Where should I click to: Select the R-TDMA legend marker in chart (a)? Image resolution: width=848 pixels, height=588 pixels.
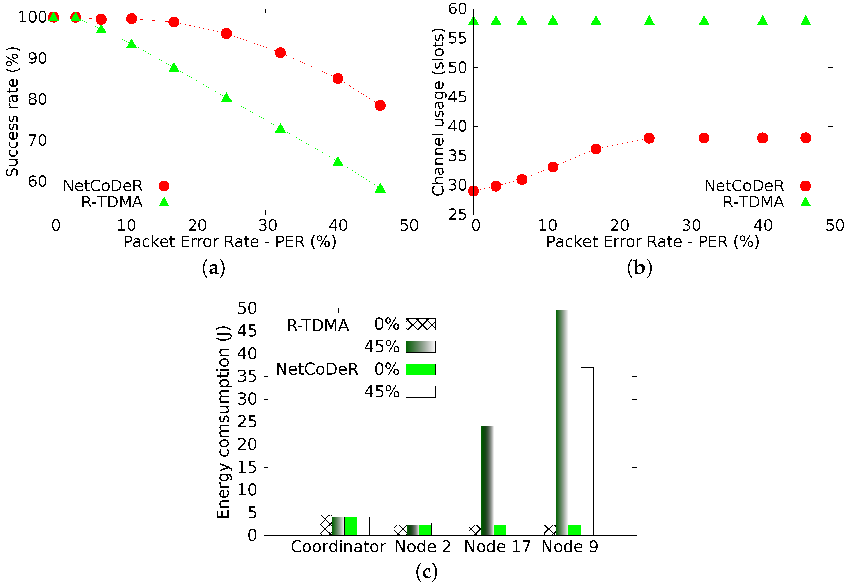click(164, 202)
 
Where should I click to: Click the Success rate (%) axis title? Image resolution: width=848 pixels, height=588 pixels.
click(12, 112)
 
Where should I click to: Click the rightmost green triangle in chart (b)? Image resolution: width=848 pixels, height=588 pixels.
click(806, 21)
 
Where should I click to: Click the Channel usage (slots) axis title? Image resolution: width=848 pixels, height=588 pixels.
click(438, 112)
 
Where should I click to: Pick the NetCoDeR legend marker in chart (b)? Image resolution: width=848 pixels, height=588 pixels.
click(805, 186)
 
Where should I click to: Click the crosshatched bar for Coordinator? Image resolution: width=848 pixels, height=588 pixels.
click(326, 525)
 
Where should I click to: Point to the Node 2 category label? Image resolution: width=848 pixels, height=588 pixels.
click(423, 547)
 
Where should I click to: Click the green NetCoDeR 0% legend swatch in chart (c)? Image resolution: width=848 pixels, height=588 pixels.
click(420, 369)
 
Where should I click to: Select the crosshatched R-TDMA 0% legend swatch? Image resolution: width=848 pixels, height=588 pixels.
click(420, 324)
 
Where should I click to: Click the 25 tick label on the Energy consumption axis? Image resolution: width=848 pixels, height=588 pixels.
click(247, 422)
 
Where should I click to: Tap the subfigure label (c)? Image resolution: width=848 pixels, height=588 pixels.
click(426, 572)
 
